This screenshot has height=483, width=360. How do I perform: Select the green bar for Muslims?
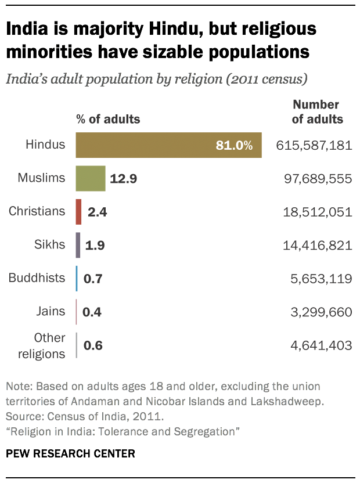(x=91, y=178)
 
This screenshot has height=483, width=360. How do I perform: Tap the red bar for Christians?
(x=78, y=212)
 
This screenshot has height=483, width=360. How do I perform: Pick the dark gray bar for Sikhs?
(x=78, y=245)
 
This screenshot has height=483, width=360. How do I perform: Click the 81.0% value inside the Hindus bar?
(x=234, y=146)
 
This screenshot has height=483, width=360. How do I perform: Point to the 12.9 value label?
(x=123, y=179)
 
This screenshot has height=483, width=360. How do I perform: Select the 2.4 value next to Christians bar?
(x=98, y=212)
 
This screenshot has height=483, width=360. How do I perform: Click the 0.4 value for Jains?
(x=92, y=312)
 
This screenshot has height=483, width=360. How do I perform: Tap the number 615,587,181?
(x=314, y=145)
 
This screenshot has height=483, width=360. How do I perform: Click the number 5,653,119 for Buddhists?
(x=322, y=279)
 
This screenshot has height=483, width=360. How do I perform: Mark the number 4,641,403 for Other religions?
(x=321, y=346)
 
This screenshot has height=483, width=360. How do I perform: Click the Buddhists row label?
(x=37, y=278)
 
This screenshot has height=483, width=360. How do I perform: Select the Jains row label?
(x=51, y=312)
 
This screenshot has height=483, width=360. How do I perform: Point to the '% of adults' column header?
(x=108, y=120)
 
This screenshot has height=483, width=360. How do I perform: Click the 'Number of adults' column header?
(x=317, y=113)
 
